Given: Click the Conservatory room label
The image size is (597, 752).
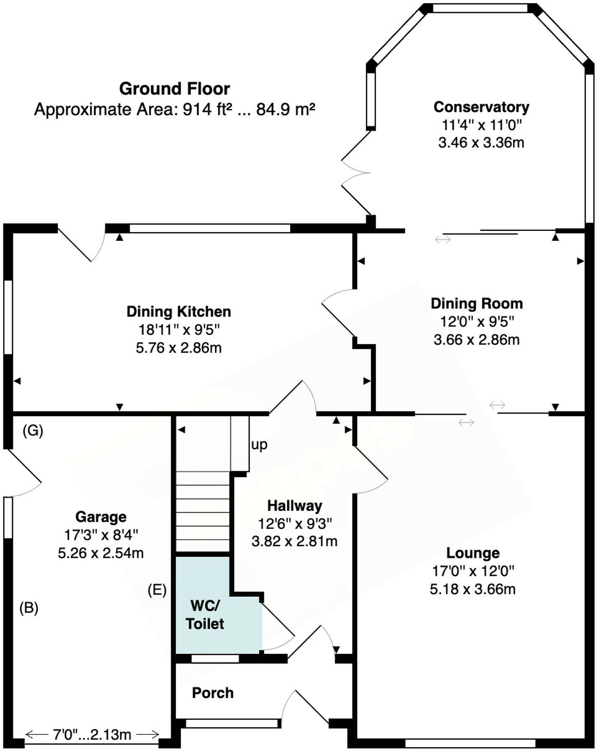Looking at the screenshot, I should point(481,107).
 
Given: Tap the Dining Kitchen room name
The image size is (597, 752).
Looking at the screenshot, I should point(179,312).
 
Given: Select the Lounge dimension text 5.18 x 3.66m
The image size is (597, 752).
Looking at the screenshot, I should point(472,589).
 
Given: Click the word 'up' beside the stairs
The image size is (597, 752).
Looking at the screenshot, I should point(259,444).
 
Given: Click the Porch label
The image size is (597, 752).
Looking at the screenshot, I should point(213,693).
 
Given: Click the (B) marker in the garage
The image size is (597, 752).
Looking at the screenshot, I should point(29,608).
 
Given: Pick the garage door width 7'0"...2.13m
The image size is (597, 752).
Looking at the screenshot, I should point(92,734).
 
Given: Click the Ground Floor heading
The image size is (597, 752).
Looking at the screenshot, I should point(174,89).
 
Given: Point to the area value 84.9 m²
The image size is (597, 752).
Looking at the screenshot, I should point(285,110).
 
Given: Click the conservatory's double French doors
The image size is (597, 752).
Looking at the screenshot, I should point(356,172).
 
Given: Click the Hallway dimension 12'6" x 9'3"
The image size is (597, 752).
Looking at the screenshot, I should point(295,523).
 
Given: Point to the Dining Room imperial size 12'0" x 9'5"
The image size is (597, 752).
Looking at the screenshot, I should point(477,321).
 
